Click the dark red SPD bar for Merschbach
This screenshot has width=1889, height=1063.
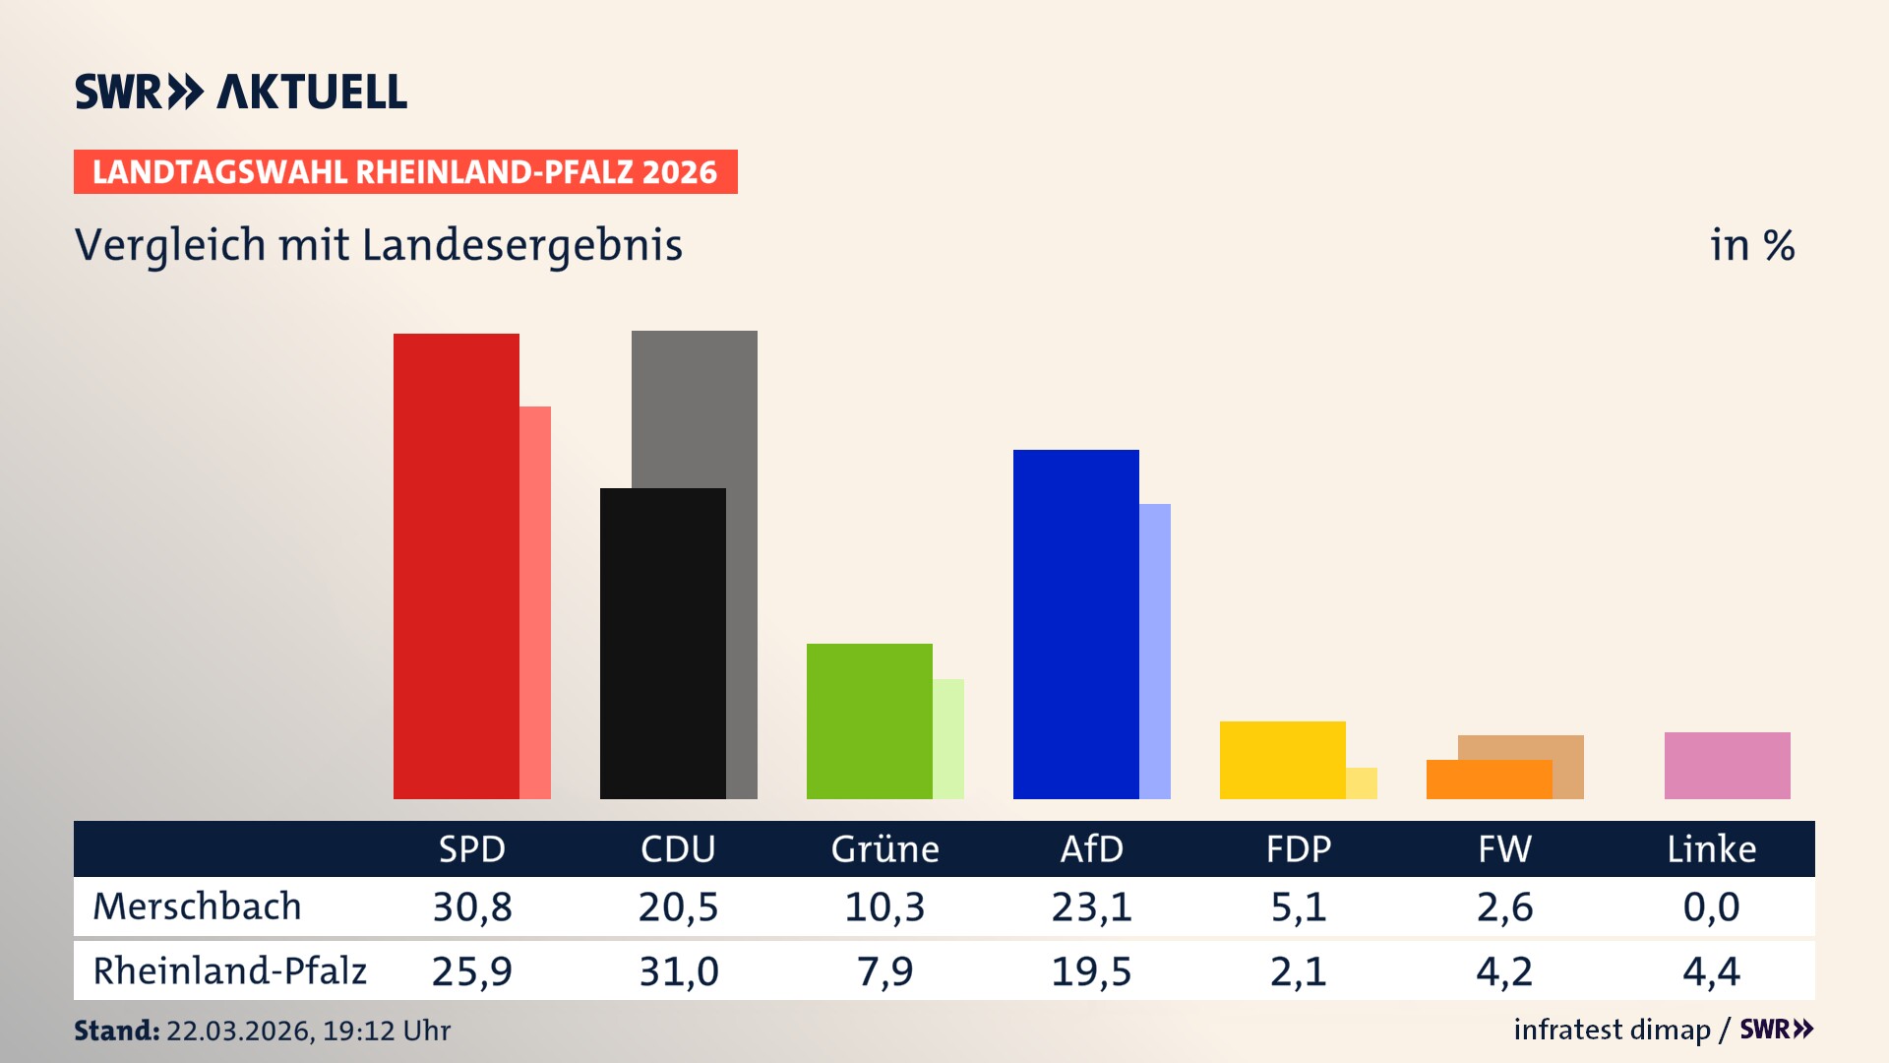(457, 566)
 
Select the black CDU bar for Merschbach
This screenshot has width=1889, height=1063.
(662, 644)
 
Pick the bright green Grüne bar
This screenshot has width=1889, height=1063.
(869, 721)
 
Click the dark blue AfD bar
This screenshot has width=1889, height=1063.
(1075, 624)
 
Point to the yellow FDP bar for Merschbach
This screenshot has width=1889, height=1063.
(1282, 760)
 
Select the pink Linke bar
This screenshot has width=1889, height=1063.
(1727, 766)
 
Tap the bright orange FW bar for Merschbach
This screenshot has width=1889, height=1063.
(1489, 780)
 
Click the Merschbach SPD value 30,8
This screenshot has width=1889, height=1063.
(472, 907)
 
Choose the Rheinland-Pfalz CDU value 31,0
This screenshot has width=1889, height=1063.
(679, 971)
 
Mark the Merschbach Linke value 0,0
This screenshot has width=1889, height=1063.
(1711, 907)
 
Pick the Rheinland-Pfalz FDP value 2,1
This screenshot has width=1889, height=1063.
(1298, 971)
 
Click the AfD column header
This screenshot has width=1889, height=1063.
(1091, 848)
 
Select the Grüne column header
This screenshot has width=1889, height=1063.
(884, 848)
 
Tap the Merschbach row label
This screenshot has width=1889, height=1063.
(197, 907)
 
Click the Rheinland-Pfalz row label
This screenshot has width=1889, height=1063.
(229, 971)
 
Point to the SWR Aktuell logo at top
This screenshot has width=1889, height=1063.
(241, 92)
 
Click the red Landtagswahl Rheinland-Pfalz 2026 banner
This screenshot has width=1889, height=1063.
(405, 172)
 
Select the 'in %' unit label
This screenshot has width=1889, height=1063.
(1751, 245)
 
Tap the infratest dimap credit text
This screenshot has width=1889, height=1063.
(1612, 1030)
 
